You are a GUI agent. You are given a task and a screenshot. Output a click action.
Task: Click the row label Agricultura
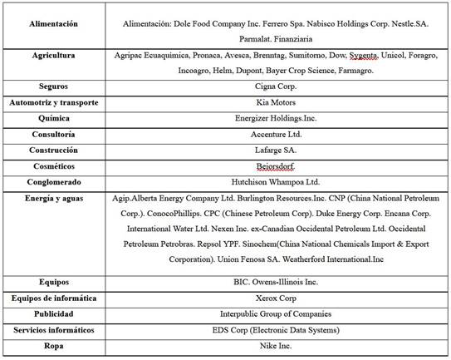[x=52, y=55]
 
